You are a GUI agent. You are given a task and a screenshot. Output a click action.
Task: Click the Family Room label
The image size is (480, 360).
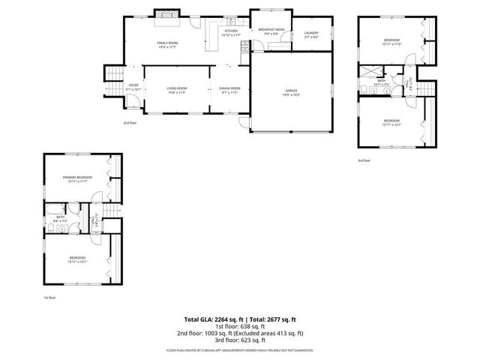pyautogui.click(x=167, y=44)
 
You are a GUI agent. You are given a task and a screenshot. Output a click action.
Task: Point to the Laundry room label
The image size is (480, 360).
pyautogui.click(x=311, y=34)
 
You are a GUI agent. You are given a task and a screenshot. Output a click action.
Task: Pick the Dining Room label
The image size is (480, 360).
pyautogui.click(x=229, y=90)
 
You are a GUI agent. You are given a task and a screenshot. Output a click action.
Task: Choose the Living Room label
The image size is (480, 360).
pyautogui.click(x=177, y=90)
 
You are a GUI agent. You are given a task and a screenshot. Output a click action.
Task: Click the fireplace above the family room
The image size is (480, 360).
pyautogui.click(x=166, y=13)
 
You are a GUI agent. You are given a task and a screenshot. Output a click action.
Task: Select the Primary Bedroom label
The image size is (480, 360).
pyautogui.click(x=76, y=179)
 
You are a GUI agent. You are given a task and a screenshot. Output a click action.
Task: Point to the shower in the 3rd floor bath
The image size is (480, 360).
pyautogui.click(x=370, y=71)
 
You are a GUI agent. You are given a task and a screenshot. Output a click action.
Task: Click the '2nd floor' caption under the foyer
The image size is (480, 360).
pyautogui.click(x=130, y=121)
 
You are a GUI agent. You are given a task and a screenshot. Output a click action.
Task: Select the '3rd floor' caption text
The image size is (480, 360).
pyautogui.click(x=364, y=160)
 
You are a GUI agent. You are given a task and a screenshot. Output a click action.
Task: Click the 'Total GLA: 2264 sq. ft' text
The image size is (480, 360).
pyautogui.click(x=216, y=319)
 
